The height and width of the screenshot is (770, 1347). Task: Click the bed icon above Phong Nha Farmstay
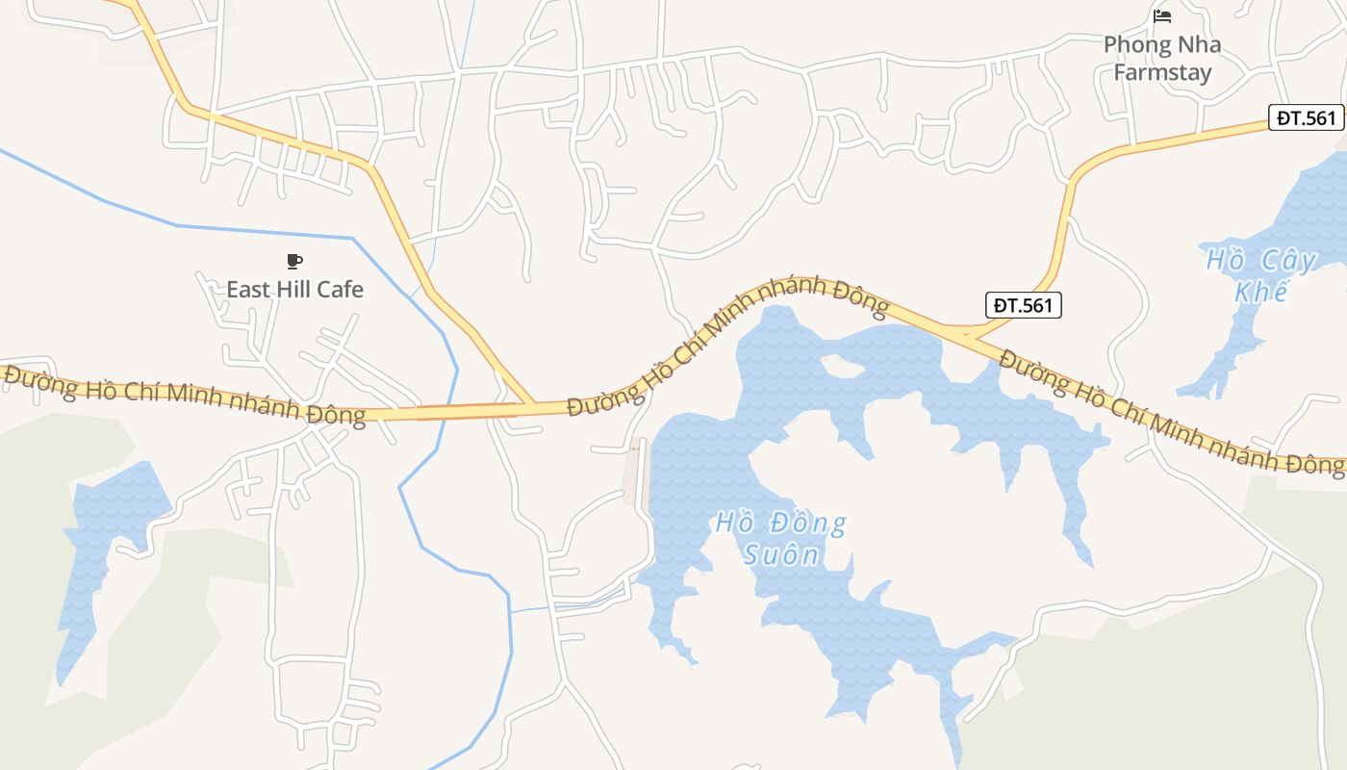click(1162, 16)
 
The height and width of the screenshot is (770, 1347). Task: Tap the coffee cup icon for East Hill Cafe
click(294, 261)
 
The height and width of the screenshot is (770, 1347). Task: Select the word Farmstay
click(1162, 72)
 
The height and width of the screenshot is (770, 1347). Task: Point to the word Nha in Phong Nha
click(1200, 44)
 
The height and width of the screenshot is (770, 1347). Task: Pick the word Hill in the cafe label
click(292, 289)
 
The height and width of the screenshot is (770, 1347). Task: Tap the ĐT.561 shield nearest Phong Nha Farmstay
click(1306, 117)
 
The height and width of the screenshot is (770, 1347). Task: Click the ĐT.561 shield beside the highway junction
click(1024, 305)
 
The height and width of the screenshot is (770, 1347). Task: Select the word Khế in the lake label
click(1260, 291)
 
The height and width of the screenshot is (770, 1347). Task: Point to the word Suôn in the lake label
click(781, 554)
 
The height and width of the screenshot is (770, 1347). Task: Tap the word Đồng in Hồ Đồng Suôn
click(805, 524)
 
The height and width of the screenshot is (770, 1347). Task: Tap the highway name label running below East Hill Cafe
click(183, 395)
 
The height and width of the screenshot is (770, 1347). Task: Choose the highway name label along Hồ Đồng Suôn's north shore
click(726, 342)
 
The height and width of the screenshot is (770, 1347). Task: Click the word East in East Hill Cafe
click(248, 289)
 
